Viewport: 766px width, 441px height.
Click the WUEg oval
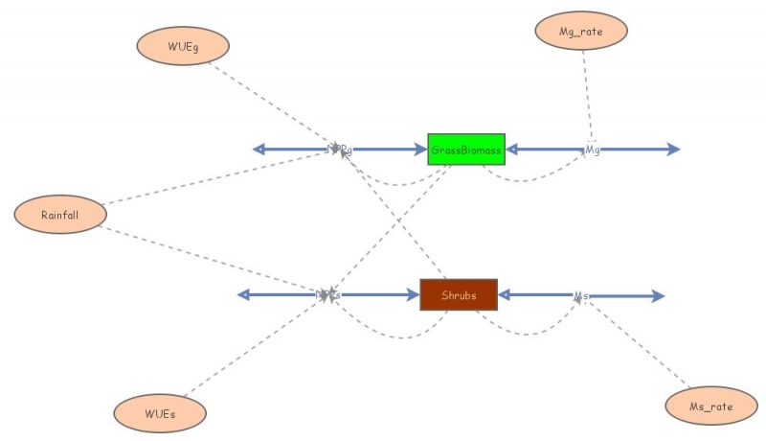click(x=183, y=45)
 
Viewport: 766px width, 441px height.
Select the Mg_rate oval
click(x=580, y=32)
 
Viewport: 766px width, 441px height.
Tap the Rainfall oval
click(x=59, y=214)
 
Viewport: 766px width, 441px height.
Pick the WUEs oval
click(x=160, y=413)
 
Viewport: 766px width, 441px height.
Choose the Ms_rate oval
click(x=710, y=406)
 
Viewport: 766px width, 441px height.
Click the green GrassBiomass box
click(x=465, y=149)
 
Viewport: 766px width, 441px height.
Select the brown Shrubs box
click(x=459, y=294)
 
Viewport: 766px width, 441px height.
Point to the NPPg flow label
click(x=338, y=149)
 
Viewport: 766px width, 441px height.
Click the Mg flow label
click(x=593, y=149)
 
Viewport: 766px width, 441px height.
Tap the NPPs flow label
click(x=327, y=294)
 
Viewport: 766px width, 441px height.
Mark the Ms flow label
click(x=581, y=295)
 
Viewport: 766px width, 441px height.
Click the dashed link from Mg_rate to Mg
click(x=587, y=96)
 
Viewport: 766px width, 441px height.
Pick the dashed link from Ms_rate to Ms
click(x=642, y=346)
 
